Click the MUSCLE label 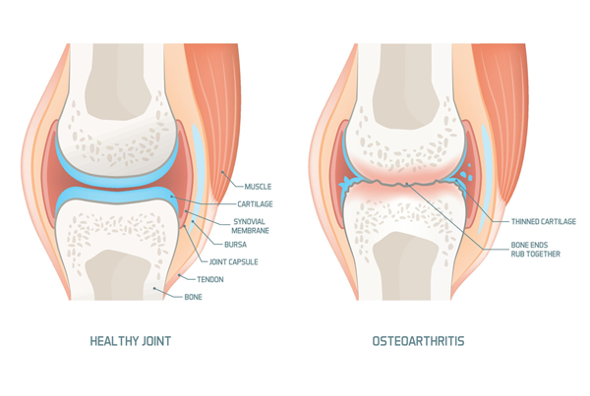click(258, 187)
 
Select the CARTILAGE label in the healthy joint click(255, 203)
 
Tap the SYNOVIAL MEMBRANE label click(250, 226)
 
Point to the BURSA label click(236, 245)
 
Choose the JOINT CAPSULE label click(233, 261)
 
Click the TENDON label click(210, 279)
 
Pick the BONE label click(193, 297)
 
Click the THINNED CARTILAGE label click(544, 221)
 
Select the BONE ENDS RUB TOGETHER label click(536, 250)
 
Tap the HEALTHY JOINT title click(130, 341)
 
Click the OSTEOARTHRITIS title click(418, 341)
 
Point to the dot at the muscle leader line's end click(222, 172)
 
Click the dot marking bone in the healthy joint click(154, 289)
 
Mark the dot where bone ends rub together click(407, 184)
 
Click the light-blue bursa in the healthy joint click(197, 169)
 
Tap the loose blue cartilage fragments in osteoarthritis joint click(467, 173)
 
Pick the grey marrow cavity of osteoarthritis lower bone click(405, 266)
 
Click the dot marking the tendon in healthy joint click(180, 276)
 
